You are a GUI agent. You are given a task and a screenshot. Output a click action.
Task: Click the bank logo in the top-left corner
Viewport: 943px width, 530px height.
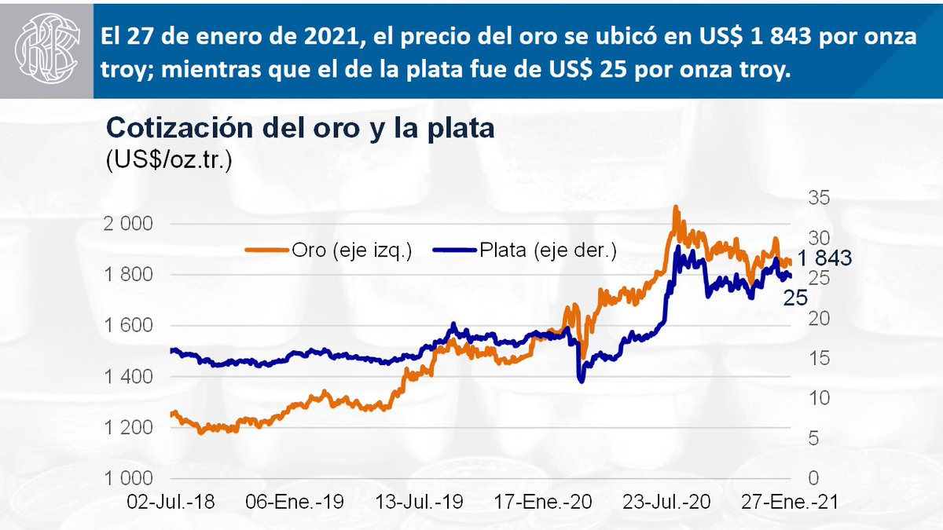point(46,49)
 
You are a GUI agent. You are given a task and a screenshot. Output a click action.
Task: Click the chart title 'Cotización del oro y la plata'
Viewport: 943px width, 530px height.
point(299,128)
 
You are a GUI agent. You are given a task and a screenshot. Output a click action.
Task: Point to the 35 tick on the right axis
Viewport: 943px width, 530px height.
point(819,198)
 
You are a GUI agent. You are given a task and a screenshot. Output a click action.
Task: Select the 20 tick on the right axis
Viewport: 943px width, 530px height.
point(819,318)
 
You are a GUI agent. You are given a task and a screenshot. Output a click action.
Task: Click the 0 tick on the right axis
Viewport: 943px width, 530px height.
point(815,478)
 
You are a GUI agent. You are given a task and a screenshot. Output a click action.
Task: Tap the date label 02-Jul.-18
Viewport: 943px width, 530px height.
point(170,503)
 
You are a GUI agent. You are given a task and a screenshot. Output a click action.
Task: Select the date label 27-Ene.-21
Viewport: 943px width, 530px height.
point(788,503)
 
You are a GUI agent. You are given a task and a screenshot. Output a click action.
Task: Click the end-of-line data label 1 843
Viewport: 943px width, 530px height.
point(824,258)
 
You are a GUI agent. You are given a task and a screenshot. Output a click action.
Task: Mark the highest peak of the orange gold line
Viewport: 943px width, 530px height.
point(675,207)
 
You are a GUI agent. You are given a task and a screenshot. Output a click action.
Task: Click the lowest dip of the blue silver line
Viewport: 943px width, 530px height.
point(581,382)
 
